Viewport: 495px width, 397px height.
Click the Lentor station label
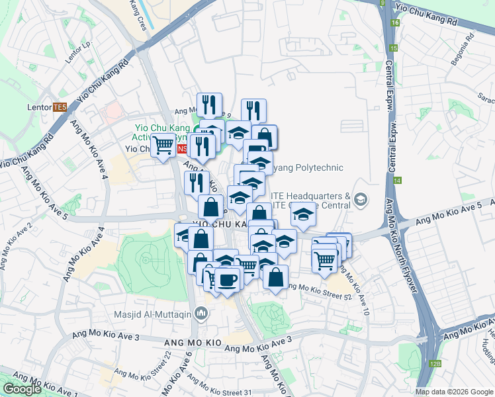click(39, 107)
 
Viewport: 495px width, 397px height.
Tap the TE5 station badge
click(60, 107)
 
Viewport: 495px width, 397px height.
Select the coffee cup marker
click(227, 280)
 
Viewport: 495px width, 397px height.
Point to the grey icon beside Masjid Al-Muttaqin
click(202, 314)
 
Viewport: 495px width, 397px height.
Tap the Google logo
click(22, 389)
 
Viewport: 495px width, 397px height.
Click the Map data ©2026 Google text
click(455, 392)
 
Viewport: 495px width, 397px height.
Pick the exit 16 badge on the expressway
click(394, 22)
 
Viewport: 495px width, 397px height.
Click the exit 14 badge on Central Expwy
click(397, 180)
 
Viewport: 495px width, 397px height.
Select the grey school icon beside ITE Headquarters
click(361, 199)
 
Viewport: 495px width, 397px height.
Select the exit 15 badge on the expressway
click(394, 48)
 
